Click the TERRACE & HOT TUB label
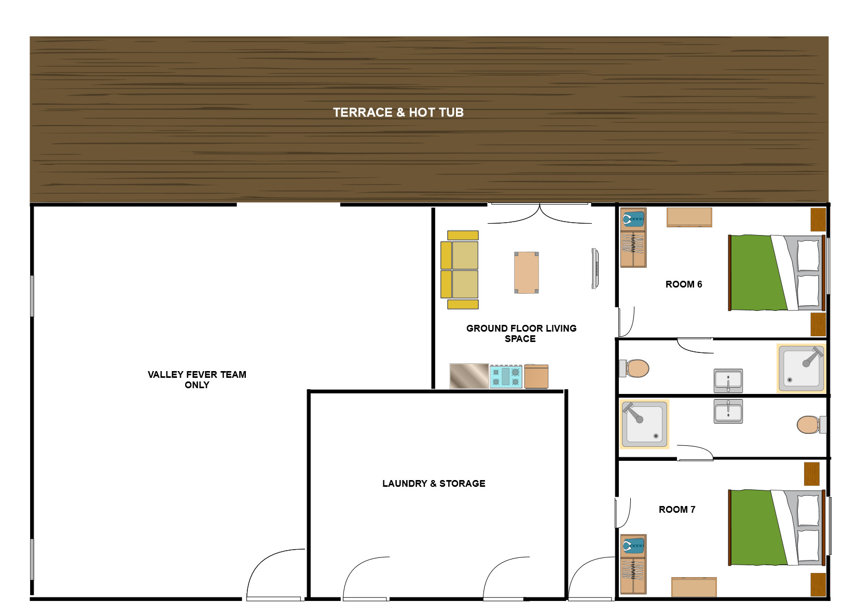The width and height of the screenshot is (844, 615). [398, 113]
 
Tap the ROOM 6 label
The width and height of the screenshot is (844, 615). [684, 284]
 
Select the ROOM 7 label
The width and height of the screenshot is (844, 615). [677, 510]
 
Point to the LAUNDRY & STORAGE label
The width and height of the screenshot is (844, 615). [434, 483]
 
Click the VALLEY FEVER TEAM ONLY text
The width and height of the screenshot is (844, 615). [197, 379]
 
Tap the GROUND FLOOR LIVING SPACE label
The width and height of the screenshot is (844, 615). [521, 333]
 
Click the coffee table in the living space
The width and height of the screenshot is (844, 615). [527, 272]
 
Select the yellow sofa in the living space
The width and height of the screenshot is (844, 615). [460, 270]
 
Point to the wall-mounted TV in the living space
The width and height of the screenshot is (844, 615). [595, 268]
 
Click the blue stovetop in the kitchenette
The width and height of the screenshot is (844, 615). [506, 377]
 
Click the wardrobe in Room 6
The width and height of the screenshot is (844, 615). [633, 238]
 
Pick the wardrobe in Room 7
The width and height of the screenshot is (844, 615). [633, 564]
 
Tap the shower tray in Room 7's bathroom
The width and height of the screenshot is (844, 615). [644, 424]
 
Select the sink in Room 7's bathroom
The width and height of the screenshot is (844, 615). [728, 411]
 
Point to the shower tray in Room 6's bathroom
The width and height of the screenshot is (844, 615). [801, 368]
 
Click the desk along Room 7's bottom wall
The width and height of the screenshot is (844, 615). [694, 587]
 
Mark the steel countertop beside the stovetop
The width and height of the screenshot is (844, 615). [469, 376]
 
